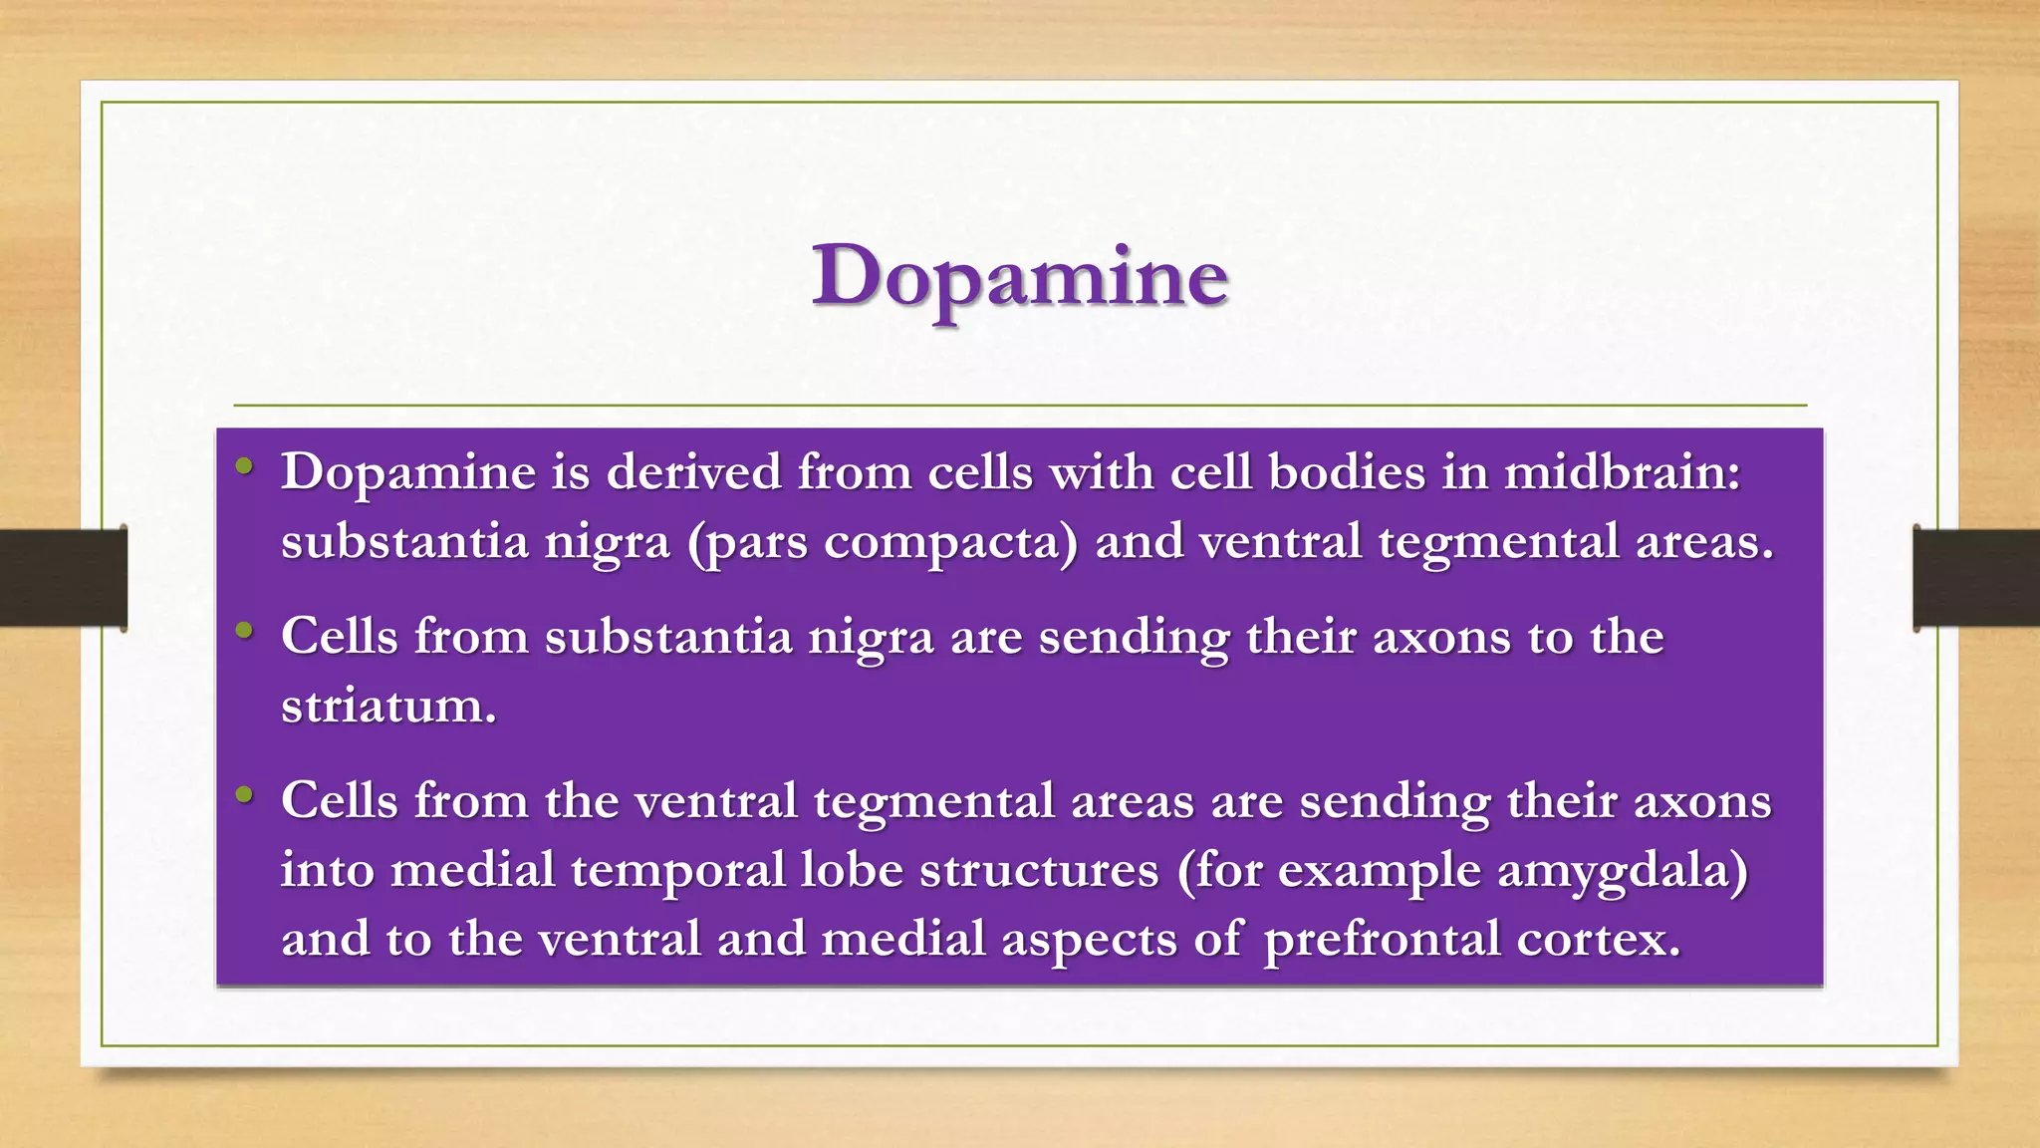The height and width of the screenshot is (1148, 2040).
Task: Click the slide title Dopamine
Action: pos(1019,277)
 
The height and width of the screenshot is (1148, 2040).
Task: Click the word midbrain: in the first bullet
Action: pos(1622,471)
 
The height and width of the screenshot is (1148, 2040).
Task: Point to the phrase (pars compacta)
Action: pos(883,543)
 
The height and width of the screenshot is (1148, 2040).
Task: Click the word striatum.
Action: pos(388,707)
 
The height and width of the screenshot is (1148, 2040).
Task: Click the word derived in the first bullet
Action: pos(693,471)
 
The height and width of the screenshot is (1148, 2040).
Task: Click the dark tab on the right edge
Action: pos(1976,578)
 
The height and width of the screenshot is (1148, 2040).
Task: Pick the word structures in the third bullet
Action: pos(1039,870)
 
